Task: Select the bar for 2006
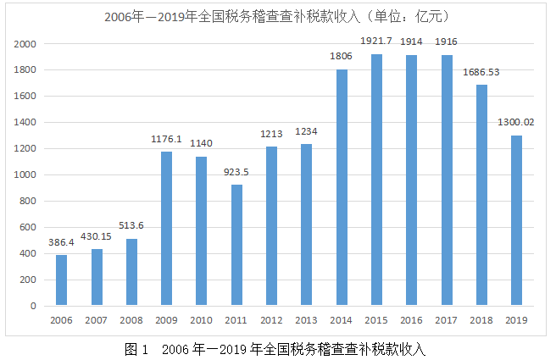pyautogui.click(x=62, y=280)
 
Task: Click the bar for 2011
pyautogui.click(x=236, y=245)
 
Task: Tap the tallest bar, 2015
pyautogui.click(x=376, y=180)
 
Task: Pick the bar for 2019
pyautogui.click(x=516, y=220)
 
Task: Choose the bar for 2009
pyautogui.click(x=167, y=228)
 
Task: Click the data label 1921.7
pyautogui.click(x=376, y=42)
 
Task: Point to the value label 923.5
pyautogui.click(x=236, y=172)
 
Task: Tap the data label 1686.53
pyautogui.click(x=481, y=72)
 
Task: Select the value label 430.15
pyautogui.click(x=97, y=236)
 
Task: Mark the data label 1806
pyautogui.click(x=342, y=57)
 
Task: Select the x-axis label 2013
pyautogui.click(x=306, y=320)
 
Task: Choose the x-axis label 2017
pyautogui.click(x=446, y=320)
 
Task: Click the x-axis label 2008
pyautogui.click(x=131, y=320)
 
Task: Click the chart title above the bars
pyautogui.click(x=277, y=16)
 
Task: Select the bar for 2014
pyautogui.click(x=342, y=187)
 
